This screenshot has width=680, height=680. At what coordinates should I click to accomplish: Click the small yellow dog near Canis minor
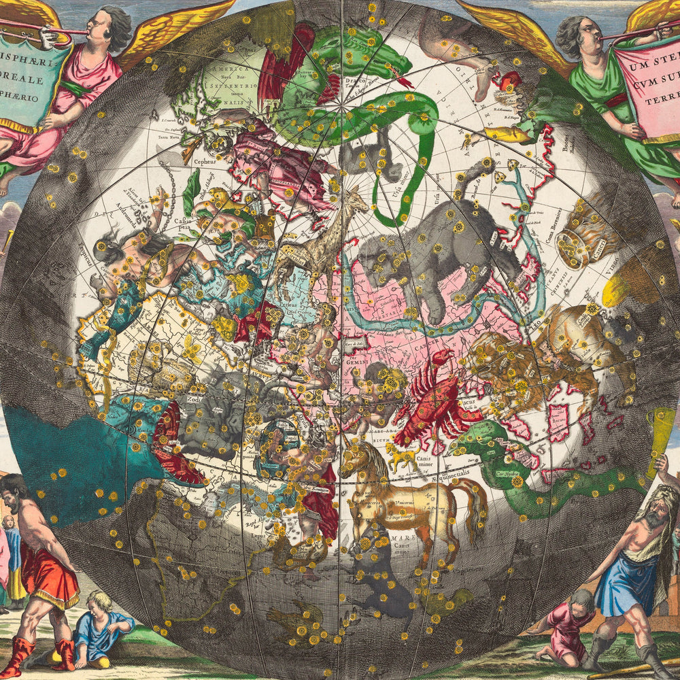403,457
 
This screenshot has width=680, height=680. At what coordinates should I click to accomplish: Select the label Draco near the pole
347,100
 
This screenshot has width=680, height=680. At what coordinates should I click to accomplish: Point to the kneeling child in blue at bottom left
102,626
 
